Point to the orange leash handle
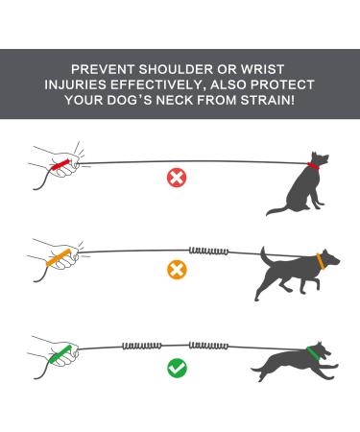[x=66, y=258]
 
